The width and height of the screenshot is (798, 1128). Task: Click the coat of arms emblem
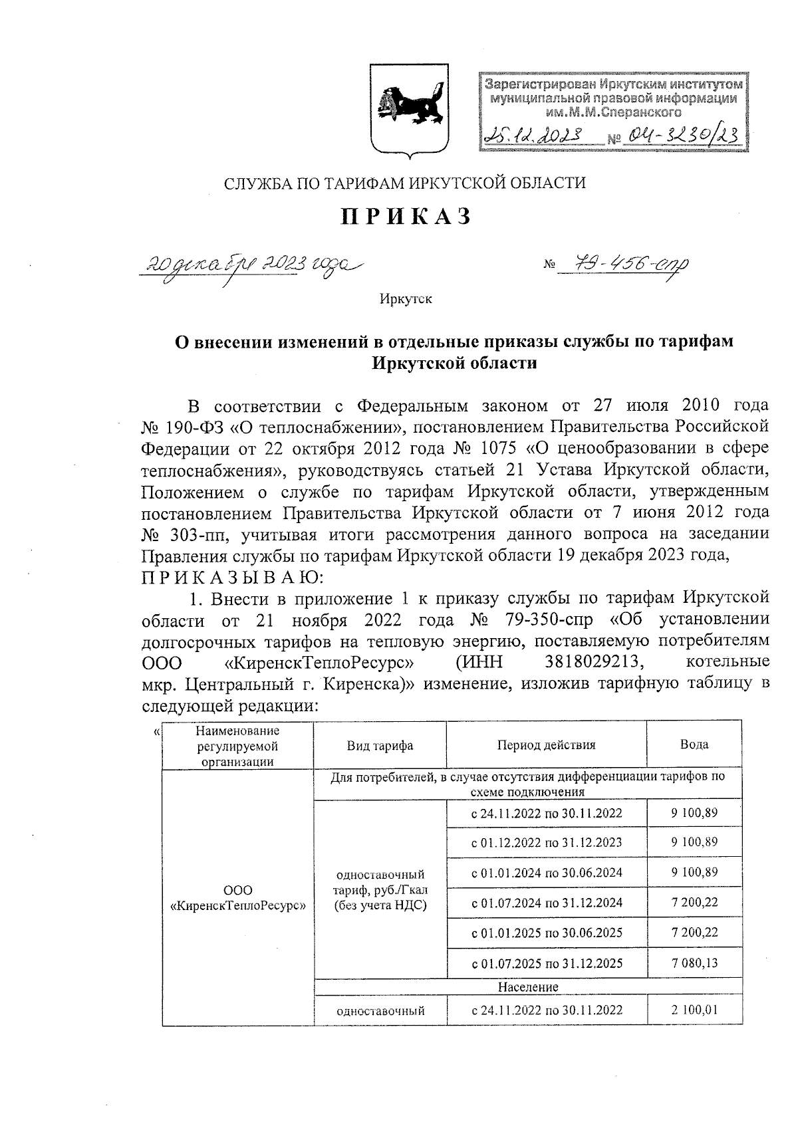coord(409,111)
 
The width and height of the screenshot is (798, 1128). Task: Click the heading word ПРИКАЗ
coord(406,217)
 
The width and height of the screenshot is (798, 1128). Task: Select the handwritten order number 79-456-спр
coord(623,265)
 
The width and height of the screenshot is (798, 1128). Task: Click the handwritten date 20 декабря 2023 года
coord(252,265)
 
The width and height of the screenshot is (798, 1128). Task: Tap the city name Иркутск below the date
coord(406,299)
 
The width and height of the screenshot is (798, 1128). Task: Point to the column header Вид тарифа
coord(380,745)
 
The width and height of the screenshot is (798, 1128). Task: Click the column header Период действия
coord(546,745)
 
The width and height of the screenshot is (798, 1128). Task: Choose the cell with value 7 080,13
coord(694,962)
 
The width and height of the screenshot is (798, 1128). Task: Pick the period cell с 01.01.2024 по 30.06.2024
coord(547,873)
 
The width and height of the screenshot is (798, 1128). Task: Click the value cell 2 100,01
coord(694,1010)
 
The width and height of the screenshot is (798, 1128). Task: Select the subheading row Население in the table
coord(528,986)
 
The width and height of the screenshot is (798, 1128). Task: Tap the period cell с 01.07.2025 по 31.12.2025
coord(547,963)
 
